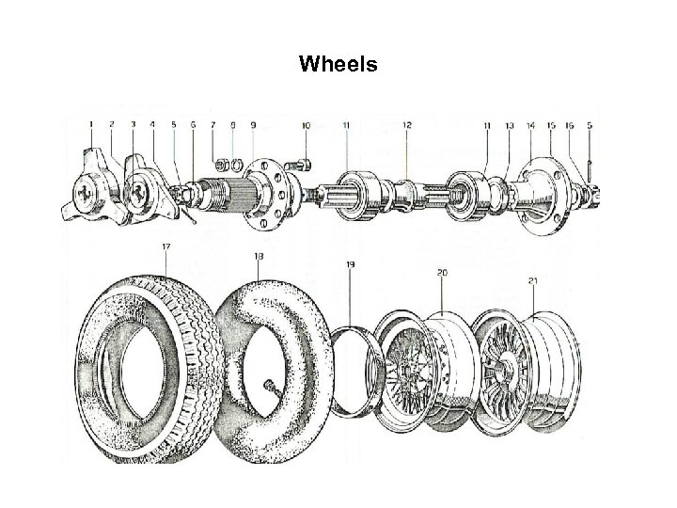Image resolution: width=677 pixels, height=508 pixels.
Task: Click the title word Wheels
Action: (x=338, y=65)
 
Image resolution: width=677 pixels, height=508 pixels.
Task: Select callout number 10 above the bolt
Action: (x=306, y=125)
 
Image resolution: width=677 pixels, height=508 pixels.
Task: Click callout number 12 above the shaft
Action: (x=406, y=125)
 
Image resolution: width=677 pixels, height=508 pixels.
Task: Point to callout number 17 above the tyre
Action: (x=165, y=247)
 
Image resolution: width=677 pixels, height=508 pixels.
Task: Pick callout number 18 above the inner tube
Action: (x=258, y=255)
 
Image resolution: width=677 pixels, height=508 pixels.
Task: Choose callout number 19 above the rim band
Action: (x=350, y=266)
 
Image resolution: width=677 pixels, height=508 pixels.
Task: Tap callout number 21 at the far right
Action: (x=533, y=279)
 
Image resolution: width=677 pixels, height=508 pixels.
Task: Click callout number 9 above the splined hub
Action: (x=252, y=124)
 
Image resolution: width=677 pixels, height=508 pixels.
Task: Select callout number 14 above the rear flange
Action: (x=531, y=125)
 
